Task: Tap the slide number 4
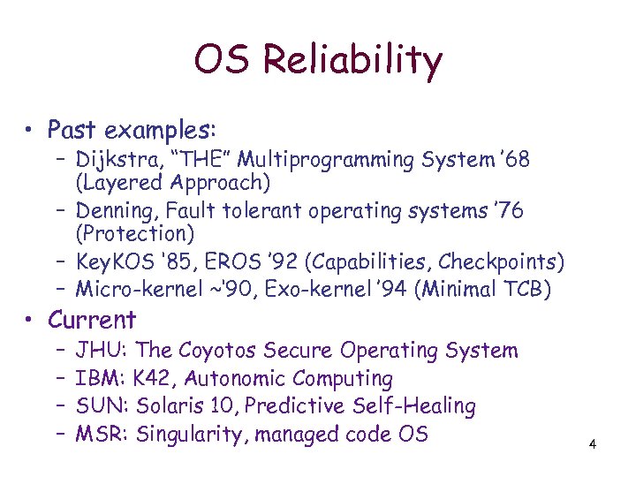pyautogui.click(x=593, y=443)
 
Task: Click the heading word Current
pyautogui.click(x=92, y=320)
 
